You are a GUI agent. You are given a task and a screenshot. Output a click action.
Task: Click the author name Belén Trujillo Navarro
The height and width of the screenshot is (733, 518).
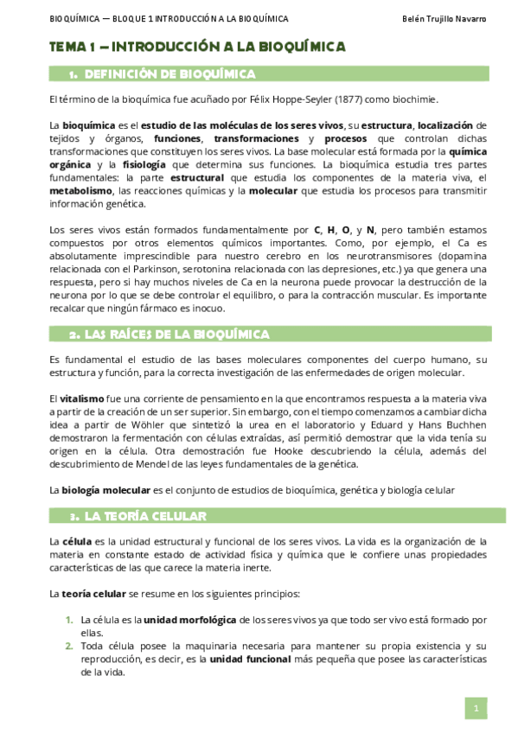pos(445,19)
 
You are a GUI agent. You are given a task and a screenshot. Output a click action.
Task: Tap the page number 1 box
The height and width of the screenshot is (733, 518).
pos(476,708)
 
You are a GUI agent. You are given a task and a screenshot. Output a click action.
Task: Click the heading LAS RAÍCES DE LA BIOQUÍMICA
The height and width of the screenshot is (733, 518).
pos(177,334)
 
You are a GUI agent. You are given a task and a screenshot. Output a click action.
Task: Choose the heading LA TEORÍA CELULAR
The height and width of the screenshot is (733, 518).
pos(145,516)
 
